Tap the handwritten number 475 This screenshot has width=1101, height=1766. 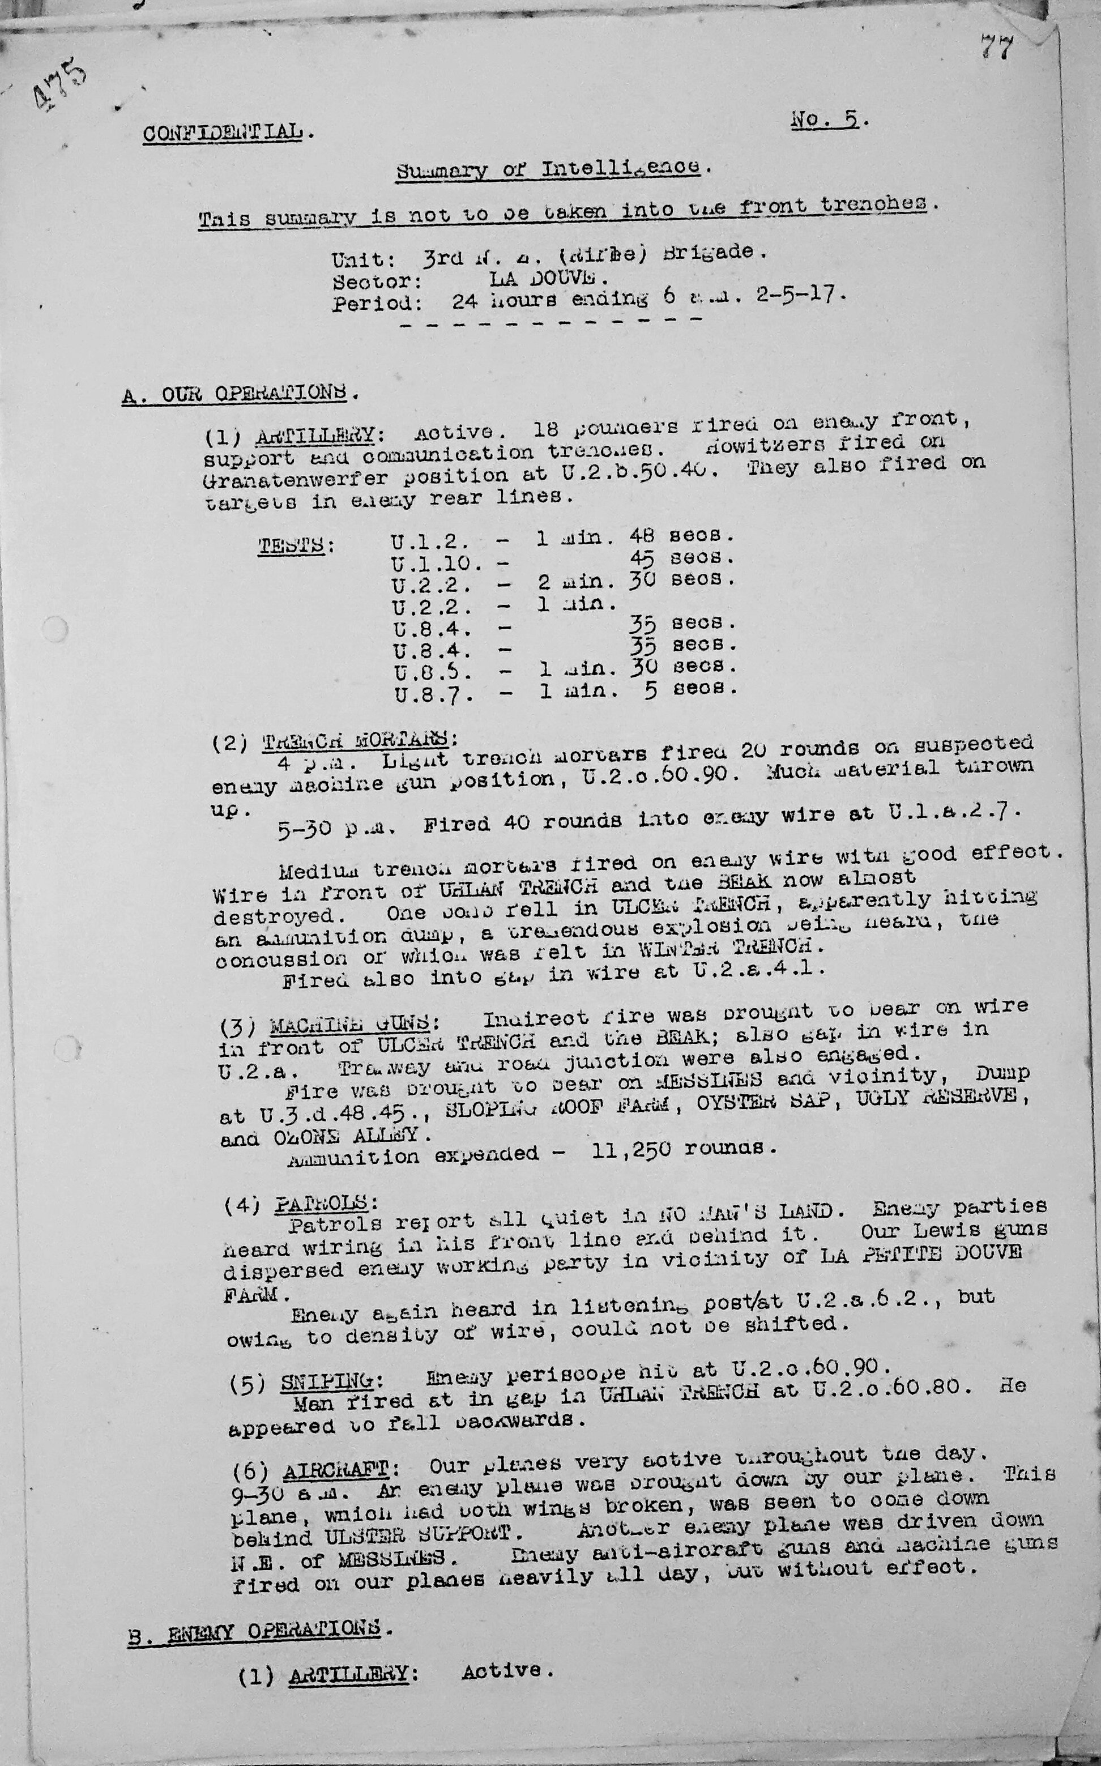click(61, 87)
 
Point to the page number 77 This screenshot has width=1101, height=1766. click(996, 48)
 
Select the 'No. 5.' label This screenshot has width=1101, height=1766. click(828, 120)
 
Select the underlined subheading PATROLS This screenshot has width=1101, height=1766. click(326, 1202)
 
